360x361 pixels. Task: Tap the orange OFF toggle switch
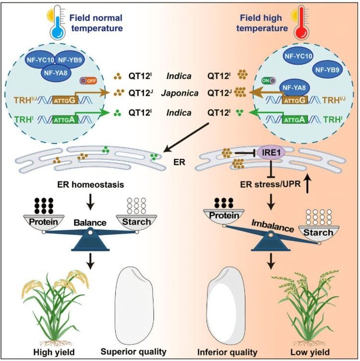(x=88, y=81)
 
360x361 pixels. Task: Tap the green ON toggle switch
(x=269, y=81)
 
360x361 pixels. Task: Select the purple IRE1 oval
(x=271, y=152)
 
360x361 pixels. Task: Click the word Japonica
(x=180, y=93)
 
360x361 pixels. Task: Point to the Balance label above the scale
(x=90, y=223)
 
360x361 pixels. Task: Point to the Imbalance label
(x=273, y=226)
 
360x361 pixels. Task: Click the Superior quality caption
(x=133, y=351)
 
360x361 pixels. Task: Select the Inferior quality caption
(x=227, y=352)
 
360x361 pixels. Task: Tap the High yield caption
(x=54, y=352)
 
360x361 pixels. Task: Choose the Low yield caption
(x=310, y=352)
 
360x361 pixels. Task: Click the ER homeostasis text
(x=90, y=184)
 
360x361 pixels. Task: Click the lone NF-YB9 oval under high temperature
(x=327, y=70)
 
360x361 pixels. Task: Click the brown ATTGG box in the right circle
(x=295, y=100)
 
